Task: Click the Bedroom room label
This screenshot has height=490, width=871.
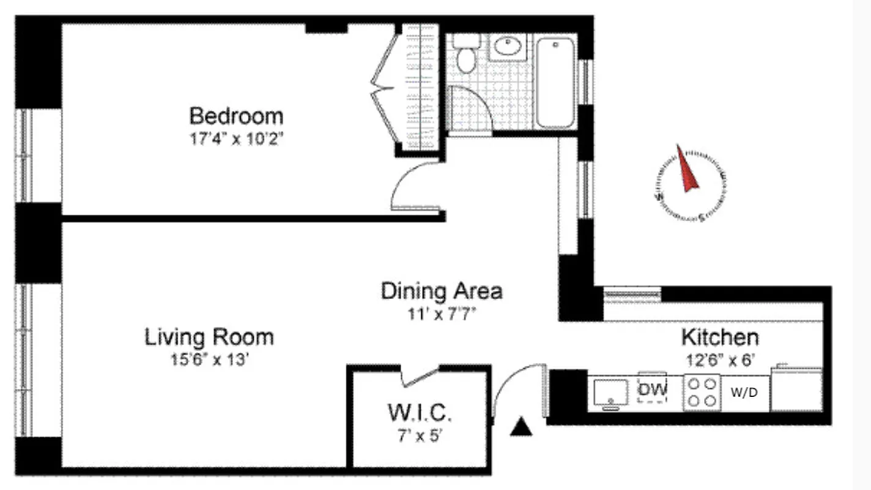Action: (236, 116)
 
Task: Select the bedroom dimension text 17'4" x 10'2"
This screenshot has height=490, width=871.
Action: (236, 138)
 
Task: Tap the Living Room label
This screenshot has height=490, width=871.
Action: (209, 337)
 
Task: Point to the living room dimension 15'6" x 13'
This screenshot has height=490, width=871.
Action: (209, 360)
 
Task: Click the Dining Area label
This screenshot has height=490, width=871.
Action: (442, 290)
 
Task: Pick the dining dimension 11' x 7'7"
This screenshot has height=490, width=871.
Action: (442, 314)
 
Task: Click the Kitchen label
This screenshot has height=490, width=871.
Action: (720, 337)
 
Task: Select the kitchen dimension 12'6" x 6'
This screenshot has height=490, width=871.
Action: (720, 359)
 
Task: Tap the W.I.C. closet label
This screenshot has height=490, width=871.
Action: (420, 415)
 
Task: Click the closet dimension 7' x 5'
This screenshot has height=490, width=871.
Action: (420, 437)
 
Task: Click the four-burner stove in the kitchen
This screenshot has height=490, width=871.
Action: (701, 393)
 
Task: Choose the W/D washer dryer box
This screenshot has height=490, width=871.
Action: (744, 393)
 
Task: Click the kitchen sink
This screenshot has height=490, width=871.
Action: (610, 392)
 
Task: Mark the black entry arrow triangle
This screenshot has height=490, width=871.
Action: (521, 427)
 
